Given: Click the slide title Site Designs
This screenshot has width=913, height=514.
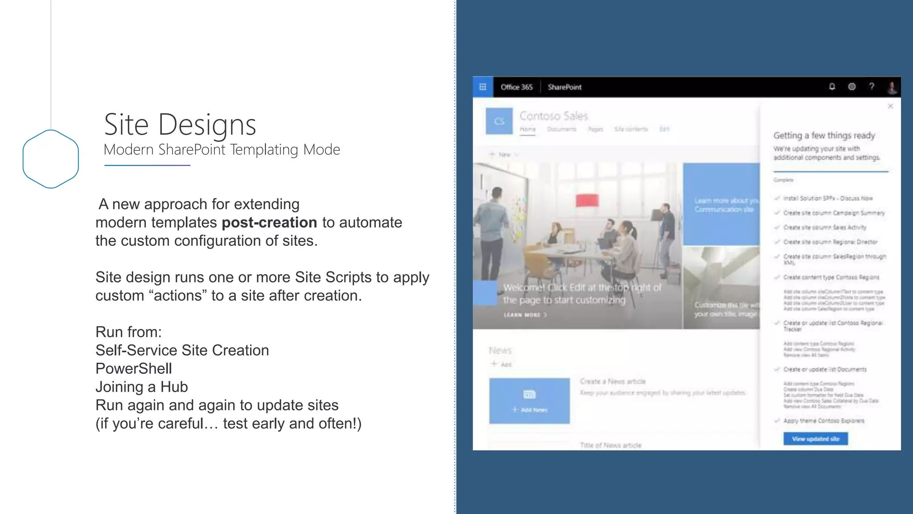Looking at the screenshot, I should point(180,124).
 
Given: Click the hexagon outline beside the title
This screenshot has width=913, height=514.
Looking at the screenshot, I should point(51,159).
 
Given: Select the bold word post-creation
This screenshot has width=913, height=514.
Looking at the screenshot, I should point(269,222).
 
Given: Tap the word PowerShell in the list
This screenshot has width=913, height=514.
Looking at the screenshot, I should point(134,369).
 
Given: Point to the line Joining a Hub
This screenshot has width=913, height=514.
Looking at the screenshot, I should point(142,387).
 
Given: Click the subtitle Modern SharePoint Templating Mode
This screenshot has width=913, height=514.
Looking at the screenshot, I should point(222,150).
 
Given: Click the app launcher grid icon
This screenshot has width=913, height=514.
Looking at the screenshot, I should point(483,87).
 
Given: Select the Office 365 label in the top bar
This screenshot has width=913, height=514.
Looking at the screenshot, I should point(516,87).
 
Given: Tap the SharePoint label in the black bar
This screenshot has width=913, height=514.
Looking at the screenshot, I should point(564,87).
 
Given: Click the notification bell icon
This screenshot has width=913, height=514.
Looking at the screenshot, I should point(832,87).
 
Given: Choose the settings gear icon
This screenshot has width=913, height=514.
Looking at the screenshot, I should point(851,87).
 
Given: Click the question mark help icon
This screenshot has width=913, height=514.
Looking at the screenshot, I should point(872,87).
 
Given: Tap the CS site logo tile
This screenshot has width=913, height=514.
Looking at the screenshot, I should point(499,121).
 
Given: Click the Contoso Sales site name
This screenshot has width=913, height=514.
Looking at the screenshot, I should point(554,116).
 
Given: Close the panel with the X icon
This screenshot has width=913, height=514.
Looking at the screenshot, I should point(890,106).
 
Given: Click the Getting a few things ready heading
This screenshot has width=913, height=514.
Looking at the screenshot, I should point(824,135).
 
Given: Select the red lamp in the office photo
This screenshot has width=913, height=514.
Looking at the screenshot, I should point(587,200).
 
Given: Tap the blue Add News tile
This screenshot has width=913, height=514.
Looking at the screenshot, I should point(529,401).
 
